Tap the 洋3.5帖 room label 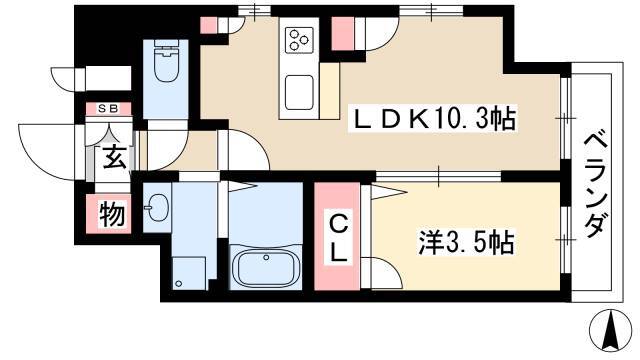[x=466, y=242]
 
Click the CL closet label [x=338, y=239]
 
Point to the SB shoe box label [x=109, y=109]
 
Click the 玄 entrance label [x=114, y=157]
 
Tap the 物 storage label [x=112, y=213]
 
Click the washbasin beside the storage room [x=156, y=207]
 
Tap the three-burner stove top [x=300, y=40]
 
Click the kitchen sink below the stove [x=299, y=93]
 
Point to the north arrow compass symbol [x=611, y=331]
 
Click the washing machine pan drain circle [x=178, y=283]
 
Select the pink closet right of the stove [x=343, y=34]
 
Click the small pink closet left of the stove [x=209, y=25]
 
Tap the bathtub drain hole [x=266, y=258]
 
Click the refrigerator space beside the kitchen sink [x=329, y=91]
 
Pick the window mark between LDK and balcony [x=565, y=118]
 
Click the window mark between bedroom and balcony [x=565, y=239]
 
